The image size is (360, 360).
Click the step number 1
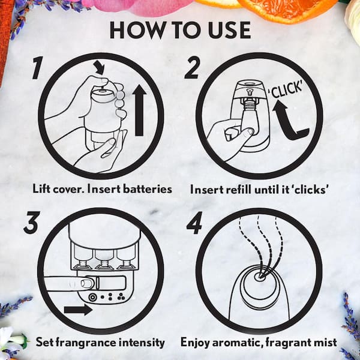(x=37, y=68)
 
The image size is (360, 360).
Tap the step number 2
(x=192, y=68)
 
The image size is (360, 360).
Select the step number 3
(x=32, y=223)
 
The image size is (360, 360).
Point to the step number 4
(x=194, y=223)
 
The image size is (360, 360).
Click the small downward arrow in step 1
(x=100, y=67)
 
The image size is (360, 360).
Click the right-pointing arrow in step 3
(x=78, y=310)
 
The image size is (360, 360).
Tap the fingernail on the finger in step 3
(x=86, y=283)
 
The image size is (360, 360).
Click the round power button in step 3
(x=92, y=298)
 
